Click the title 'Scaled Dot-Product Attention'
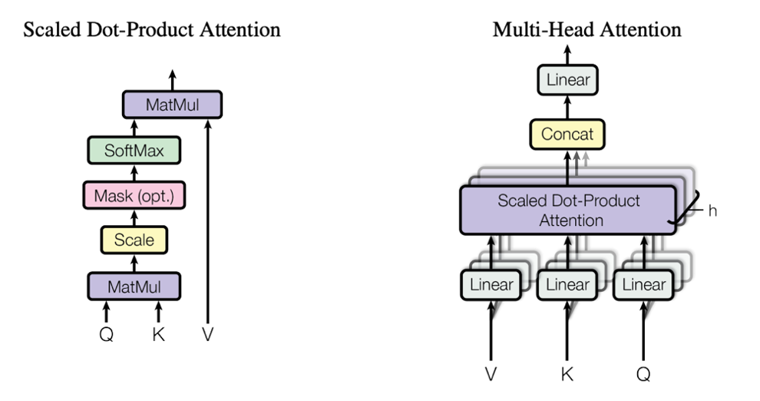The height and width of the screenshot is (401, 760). coord(152,30)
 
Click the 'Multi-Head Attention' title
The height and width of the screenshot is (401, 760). coord(587,30)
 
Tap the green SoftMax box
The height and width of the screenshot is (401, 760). coord(134,150)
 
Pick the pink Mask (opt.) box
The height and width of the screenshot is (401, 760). coord(134,196)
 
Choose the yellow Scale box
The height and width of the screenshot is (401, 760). coord(134,240)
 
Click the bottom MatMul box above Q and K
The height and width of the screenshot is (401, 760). coord(134,287)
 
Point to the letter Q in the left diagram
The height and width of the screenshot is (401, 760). coord(107,334)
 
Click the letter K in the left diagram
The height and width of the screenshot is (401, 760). coord(158,334)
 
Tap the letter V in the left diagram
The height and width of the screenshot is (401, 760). coord(207,334)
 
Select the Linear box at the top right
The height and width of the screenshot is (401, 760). coord(568,79)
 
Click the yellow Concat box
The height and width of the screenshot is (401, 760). coord(568,134)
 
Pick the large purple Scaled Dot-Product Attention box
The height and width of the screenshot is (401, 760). coord(568,210)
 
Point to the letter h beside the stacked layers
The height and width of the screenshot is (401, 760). coord(712,210)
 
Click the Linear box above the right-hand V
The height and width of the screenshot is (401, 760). coord(491,285)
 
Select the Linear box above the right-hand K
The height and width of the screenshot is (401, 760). coord(568,285)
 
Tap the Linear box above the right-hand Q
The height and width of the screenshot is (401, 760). coord(644,285)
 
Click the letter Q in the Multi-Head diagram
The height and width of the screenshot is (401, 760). coord(644,374)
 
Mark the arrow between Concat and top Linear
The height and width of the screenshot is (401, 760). coord(568,108)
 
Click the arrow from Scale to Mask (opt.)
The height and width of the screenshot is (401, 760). coord(134,217)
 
